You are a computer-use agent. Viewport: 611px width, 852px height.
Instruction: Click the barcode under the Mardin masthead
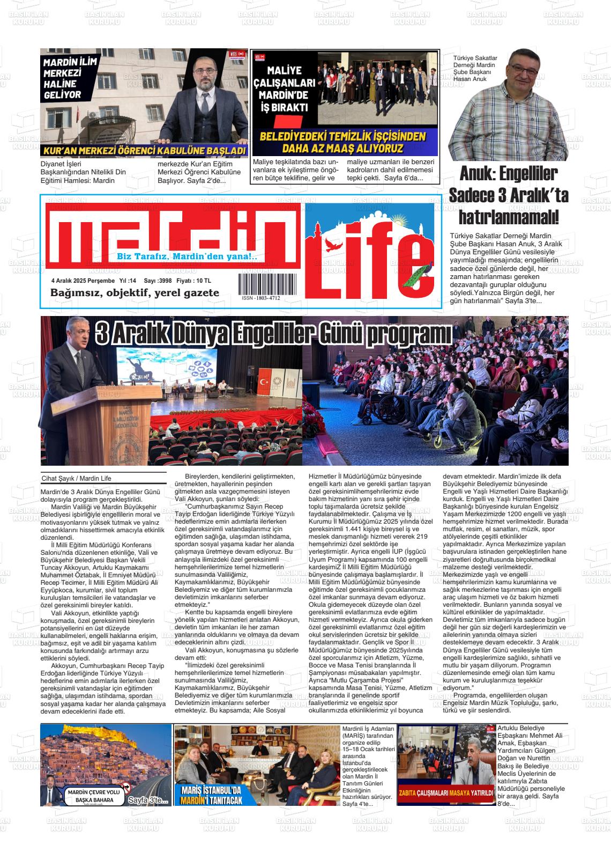tap(266, 282)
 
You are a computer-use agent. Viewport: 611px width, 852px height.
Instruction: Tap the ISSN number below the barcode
tap(260, 298)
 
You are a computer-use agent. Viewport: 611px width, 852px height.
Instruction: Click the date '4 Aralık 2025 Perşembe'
tap(83, 281)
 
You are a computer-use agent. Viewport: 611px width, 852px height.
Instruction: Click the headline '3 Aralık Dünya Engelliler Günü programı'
tap(273, 336)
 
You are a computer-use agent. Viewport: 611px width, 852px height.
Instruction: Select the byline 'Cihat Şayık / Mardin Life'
tap(76, 479)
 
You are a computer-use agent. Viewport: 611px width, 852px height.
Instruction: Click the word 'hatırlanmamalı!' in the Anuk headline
tap(509, 217)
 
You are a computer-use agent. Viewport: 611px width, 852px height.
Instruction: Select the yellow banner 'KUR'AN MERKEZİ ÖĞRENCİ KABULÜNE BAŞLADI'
tap(144, 151)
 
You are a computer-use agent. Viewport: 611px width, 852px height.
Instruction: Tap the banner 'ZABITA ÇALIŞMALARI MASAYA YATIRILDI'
tap(445, 793)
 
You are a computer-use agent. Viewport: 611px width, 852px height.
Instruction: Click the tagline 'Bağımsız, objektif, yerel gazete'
tap(135, 293)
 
